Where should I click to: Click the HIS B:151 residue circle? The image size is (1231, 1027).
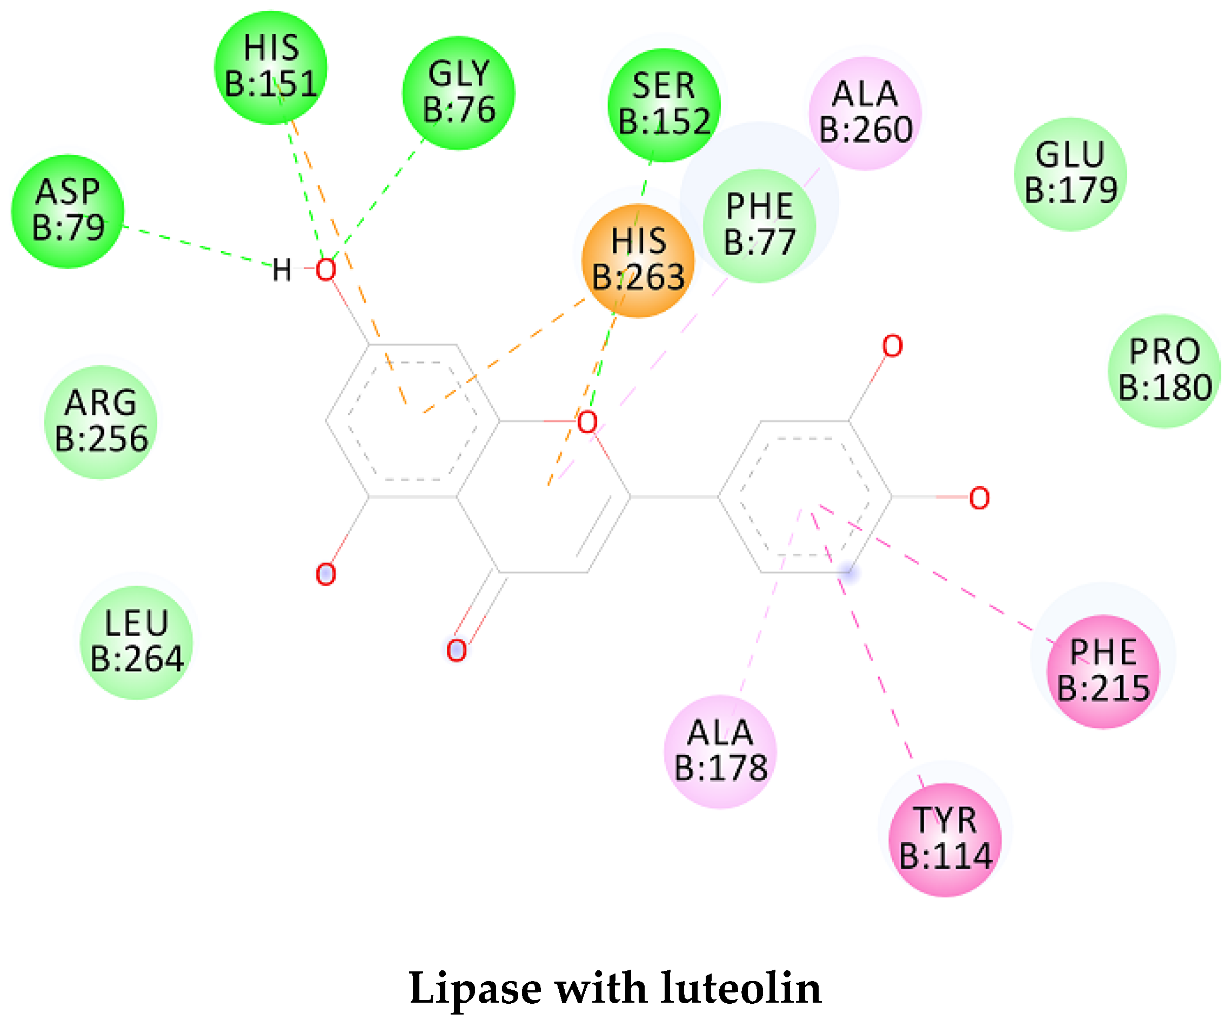point(271,67)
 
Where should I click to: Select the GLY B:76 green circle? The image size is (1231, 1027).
point(458,92)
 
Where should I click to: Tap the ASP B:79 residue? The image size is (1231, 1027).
point(68,211)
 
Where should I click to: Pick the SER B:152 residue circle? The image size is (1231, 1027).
point(664,104)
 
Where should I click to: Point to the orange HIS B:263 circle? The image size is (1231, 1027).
point(638,260)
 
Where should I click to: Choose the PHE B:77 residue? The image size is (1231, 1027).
point(760,225)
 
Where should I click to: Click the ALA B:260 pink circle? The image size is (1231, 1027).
point(865,112)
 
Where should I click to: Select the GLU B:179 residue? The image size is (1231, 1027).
point(1071,173)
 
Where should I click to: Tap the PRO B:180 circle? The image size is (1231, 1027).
point(1164,371)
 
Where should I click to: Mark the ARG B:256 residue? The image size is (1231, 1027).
point(101,422)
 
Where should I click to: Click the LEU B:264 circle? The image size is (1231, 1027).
point(136,642)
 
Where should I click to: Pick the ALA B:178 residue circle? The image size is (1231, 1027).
point(720,751)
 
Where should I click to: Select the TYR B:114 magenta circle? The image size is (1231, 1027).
point(945,840)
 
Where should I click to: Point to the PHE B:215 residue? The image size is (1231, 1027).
point(1103,671)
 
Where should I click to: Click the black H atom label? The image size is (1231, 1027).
point(282,270)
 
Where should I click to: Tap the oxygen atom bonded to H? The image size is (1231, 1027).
point(326,270)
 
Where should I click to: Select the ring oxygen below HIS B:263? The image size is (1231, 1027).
point(587,422)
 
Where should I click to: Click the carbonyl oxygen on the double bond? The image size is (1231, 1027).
point(456,650)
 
